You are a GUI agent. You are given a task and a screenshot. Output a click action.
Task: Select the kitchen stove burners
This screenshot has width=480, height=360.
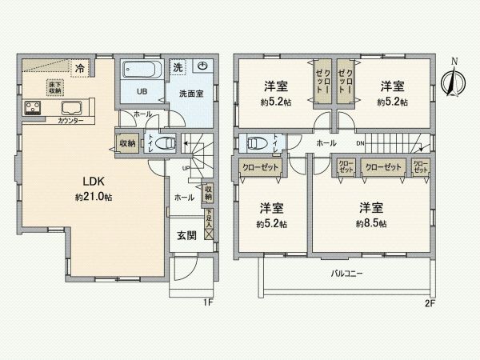[x=34, y=106]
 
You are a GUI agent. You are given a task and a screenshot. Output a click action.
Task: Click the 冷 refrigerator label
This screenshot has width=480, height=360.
[x=80, y=68]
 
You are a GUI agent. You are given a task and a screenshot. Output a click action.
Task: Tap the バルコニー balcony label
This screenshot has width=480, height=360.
[x=346, y=274]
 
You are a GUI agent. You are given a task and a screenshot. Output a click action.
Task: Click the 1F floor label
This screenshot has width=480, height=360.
[x=206, y=302]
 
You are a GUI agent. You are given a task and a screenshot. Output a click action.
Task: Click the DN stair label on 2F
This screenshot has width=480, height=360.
[x=361, y=144]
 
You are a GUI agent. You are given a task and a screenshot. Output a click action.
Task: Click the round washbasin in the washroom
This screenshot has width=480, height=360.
[x=202, y=67]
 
